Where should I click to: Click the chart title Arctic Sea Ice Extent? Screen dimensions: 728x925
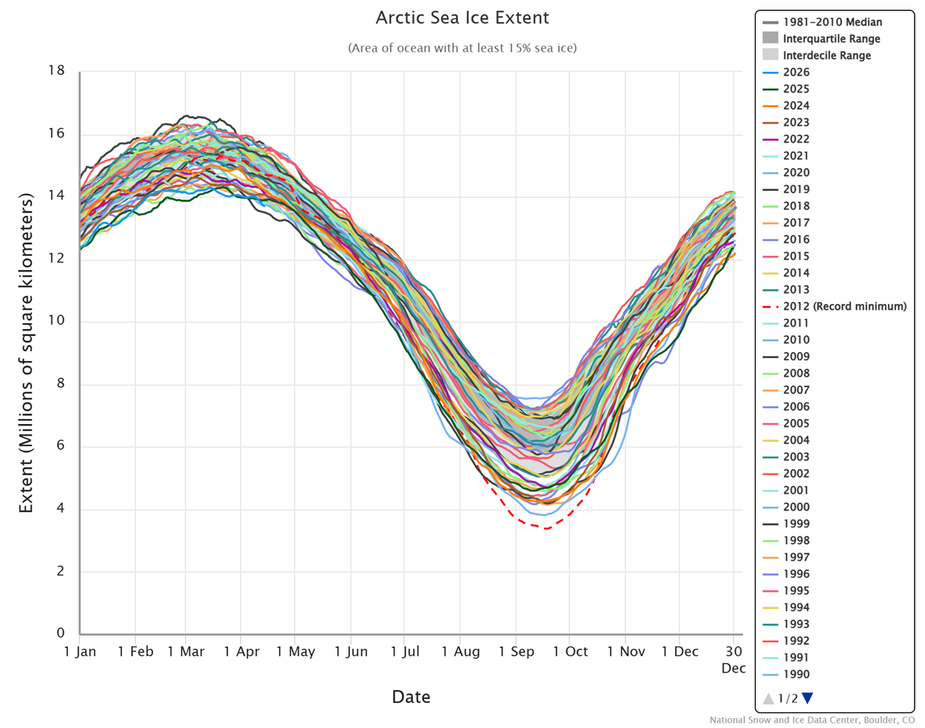pyautogui.click(x=462, y=18)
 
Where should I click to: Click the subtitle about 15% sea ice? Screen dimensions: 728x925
pyautogui.click(x=462, y=48)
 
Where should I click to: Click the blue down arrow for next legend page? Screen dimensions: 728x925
pyautogui.click(x=807, y=698)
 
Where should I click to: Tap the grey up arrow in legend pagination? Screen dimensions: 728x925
pyautogui.click(x=768, y=698)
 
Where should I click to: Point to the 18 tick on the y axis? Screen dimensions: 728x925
pyautogui.click(x=56, y=71)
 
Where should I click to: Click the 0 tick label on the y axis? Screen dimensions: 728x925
pyautogui.click(x=61, y=633)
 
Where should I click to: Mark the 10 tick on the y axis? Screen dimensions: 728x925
pyautogui.click(x=56, y=320)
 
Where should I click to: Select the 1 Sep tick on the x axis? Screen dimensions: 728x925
pyautogui.click(x=516, y=652)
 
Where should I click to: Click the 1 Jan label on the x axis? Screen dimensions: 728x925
pyautogui.click(x=80, y=652)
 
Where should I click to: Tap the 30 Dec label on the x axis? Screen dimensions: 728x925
pyautogui.click(x=733, y=659)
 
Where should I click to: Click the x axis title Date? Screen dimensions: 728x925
pyautogui.click(x=411, y=697)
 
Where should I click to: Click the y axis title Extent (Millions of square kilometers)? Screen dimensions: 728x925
pyautogui.click(x=27, y=352)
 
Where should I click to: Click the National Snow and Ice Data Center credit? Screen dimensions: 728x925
pyautogui.click(x=812, y=720)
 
